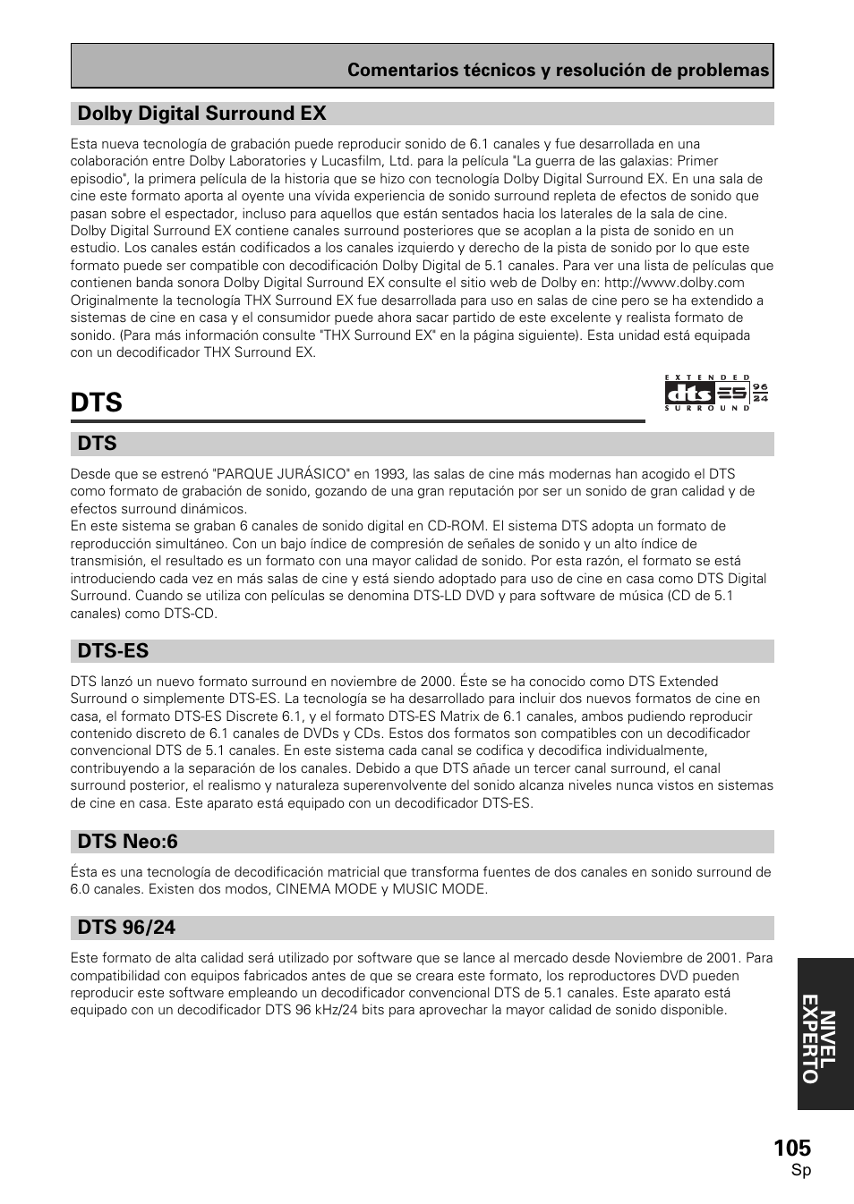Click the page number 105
pyautogui.click(x=792, y=1148)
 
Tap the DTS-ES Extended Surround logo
pyautogui.click(x=716, y=393)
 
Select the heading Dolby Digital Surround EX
pyautogui.click(x=201, y=114)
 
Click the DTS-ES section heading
pyautogui.click(x=113, y=650)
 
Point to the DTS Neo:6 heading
pyautogui.click(x=127, y=841)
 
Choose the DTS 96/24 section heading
pyautogui.click(x=126, y=927)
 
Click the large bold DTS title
pyautogui.click(x=97, y=403)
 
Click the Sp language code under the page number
pyautogui.click(x=801, y=1171)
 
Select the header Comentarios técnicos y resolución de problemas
pyautogui.click(x=558, y=71)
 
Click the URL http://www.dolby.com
pyautogui.click(x=674, y=283)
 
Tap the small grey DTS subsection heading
pyautogui.click(x=98, y=444)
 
